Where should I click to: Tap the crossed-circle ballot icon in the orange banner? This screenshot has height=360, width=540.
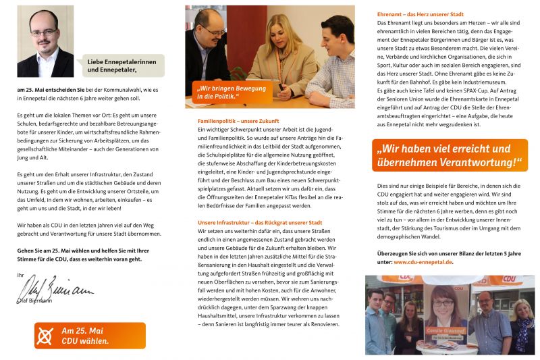46,336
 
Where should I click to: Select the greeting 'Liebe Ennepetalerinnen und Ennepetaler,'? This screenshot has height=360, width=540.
121,65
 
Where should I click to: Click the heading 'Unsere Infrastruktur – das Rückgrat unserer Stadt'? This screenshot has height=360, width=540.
260,222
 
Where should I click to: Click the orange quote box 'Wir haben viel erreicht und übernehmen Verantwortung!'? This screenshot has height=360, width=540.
449,155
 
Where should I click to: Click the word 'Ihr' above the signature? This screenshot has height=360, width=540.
20,275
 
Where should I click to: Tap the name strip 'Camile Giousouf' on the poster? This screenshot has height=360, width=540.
443,330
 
